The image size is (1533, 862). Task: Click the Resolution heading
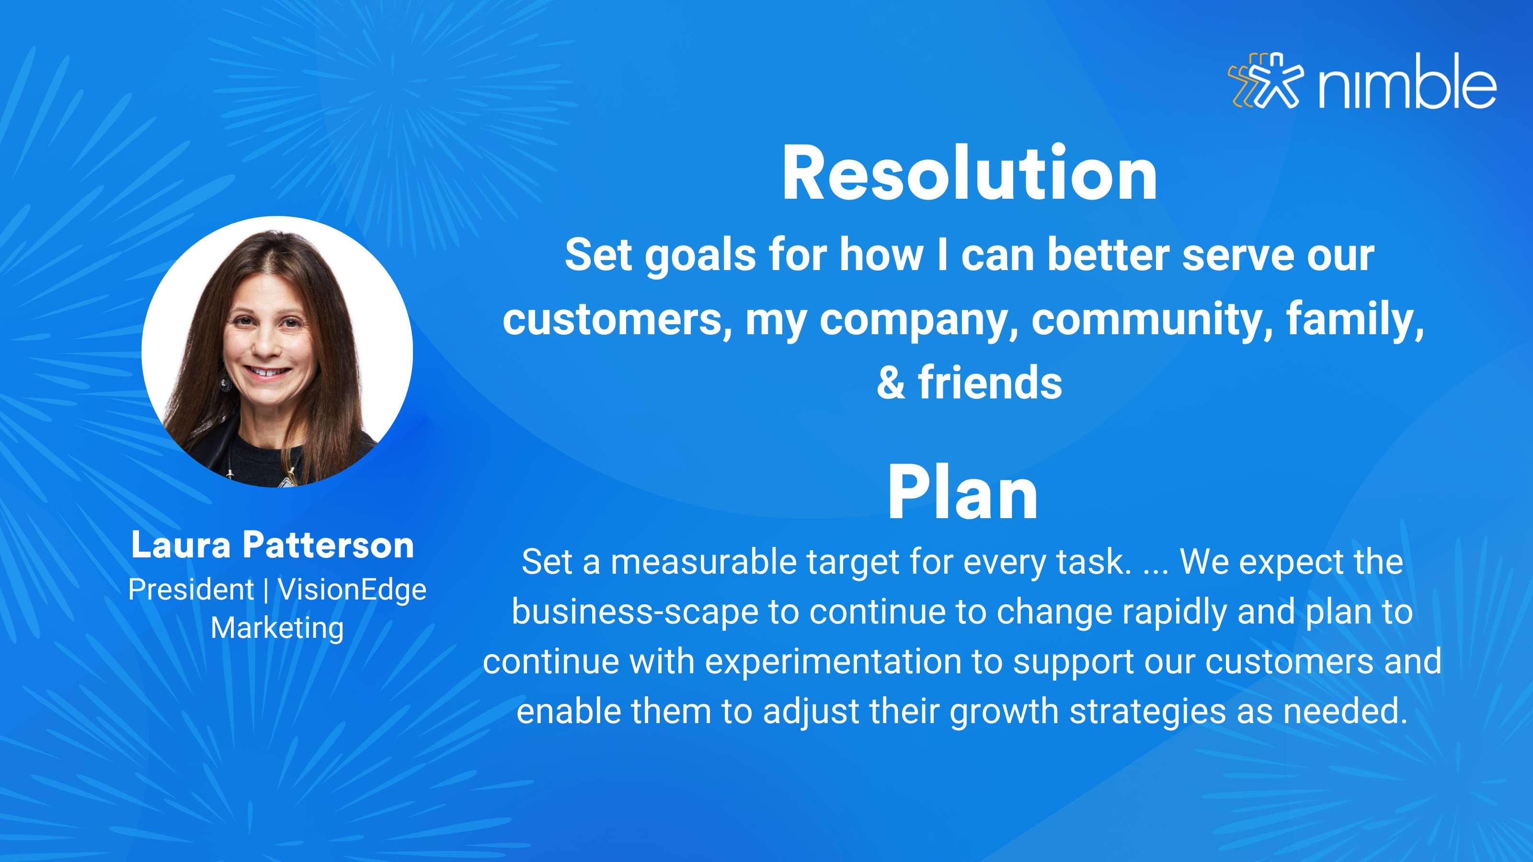970,174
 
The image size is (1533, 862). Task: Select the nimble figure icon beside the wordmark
1266,80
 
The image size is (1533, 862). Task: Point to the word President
191,590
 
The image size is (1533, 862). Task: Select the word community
1152,320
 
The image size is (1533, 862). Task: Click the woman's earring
226,384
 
